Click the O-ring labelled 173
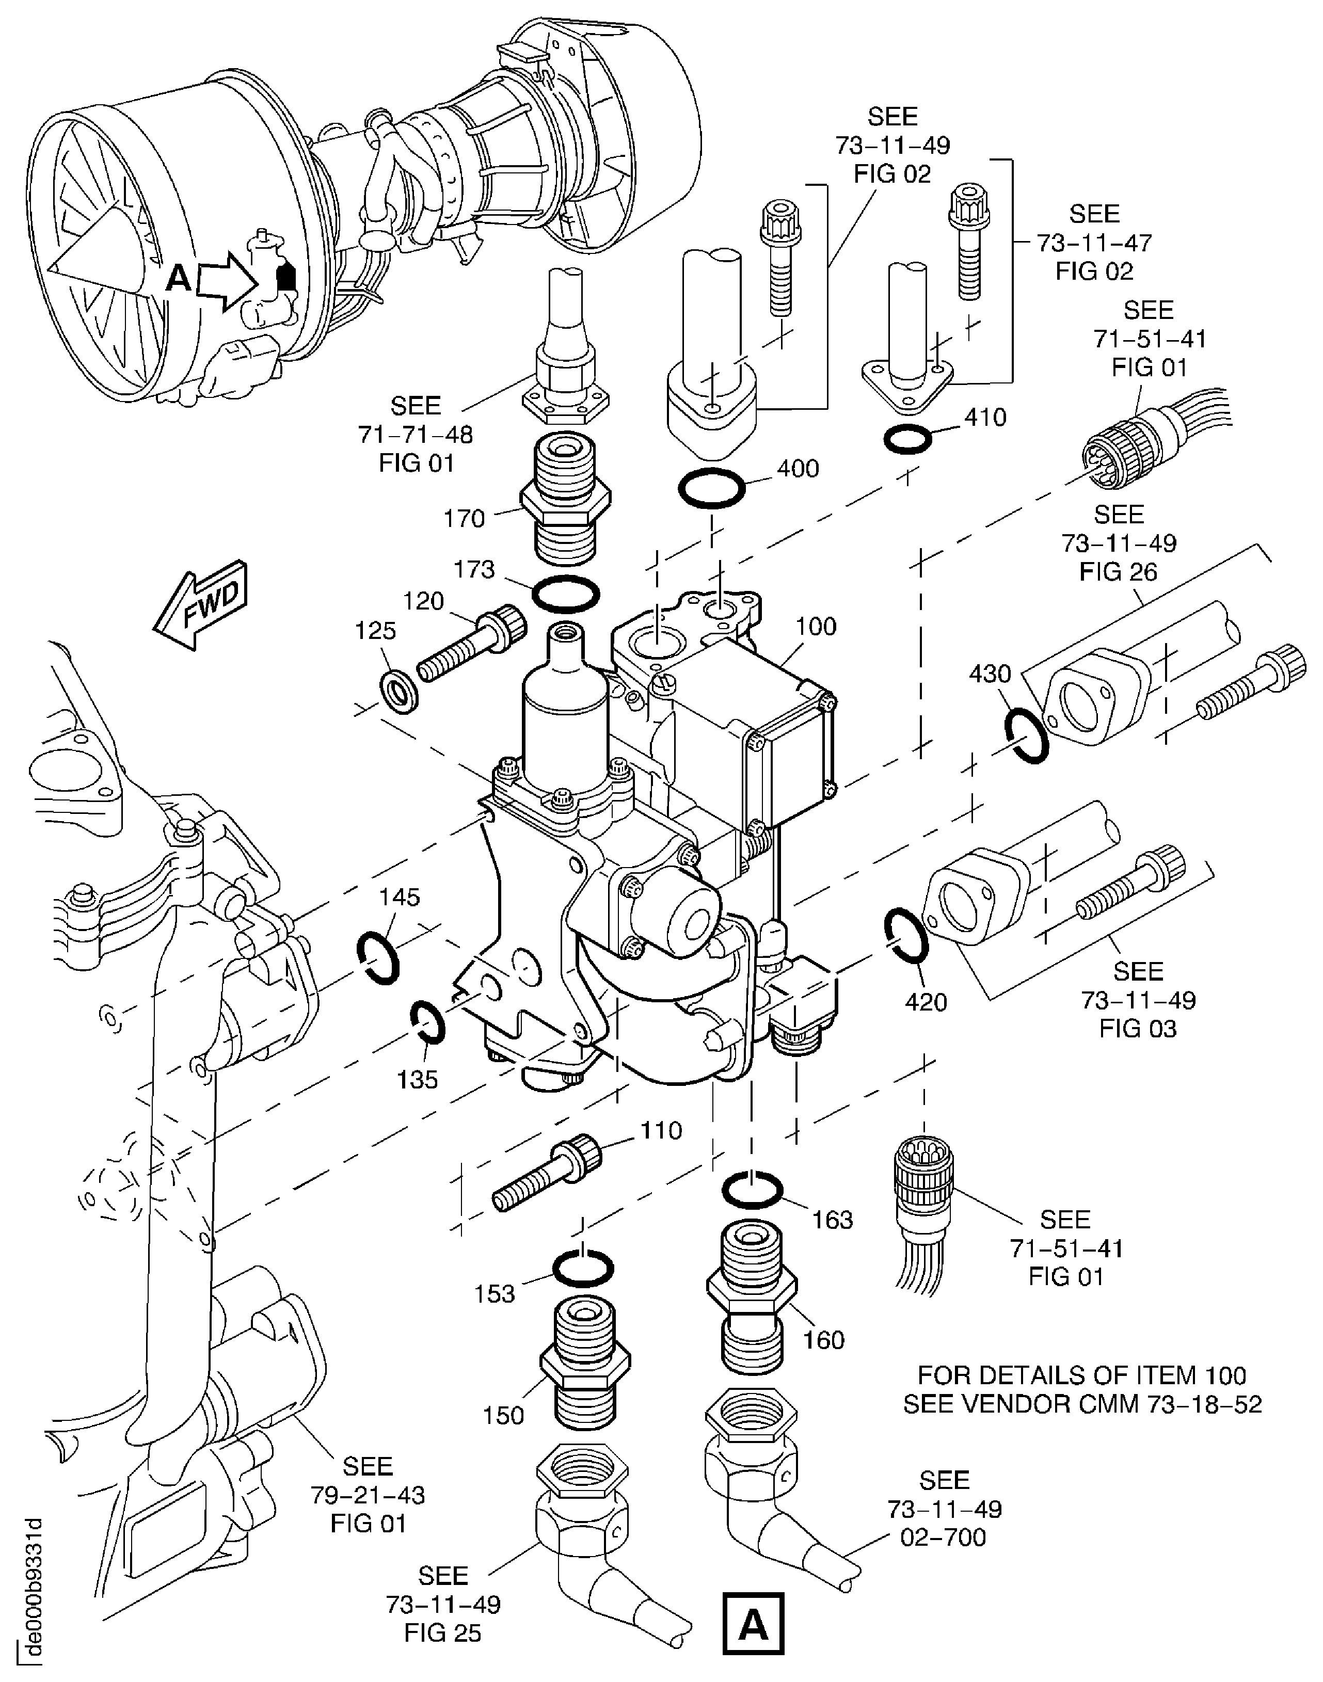(x=565, y=593)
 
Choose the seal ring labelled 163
(x=752, y=1190)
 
